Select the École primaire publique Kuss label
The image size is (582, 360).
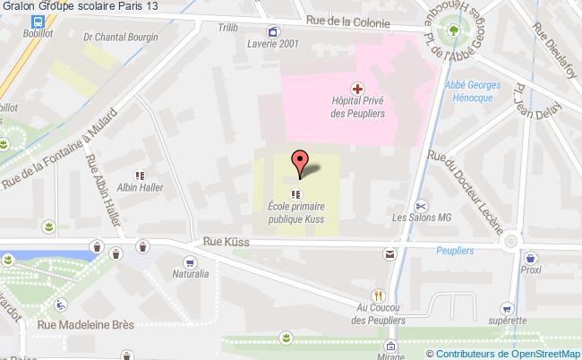[x=295, y=212]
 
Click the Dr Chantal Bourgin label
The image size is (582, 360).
[x=120, y=37]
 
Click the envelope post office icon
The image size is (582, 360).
[x=390, y=254]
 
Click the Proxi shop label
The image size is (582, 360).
[x=531, y=269]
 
